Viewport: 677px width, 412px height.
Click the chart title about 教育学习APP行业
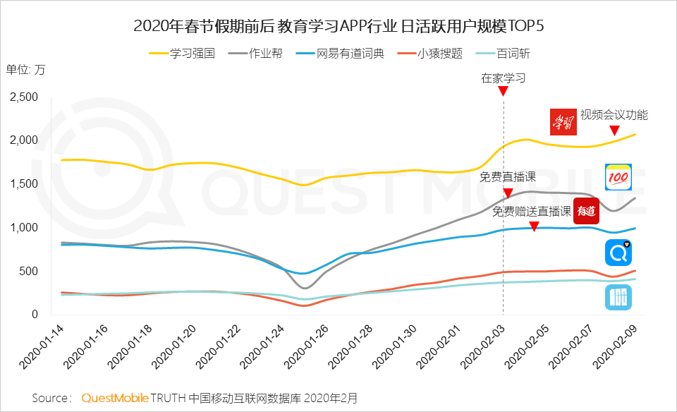(338, 27)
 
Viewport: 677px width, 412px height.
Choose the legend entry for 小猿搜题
(430, 53)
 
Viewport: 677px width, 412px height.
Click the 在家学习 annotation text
(503, 78)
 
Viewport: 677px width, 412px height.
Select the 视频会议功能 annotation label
(614, 115)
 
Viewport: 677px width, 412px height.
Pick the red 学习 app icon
(564, 121)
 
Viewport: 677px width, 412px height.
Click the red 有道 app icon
(586, 210)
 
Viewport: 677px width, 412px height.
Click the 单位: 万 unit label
(25, 69)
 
